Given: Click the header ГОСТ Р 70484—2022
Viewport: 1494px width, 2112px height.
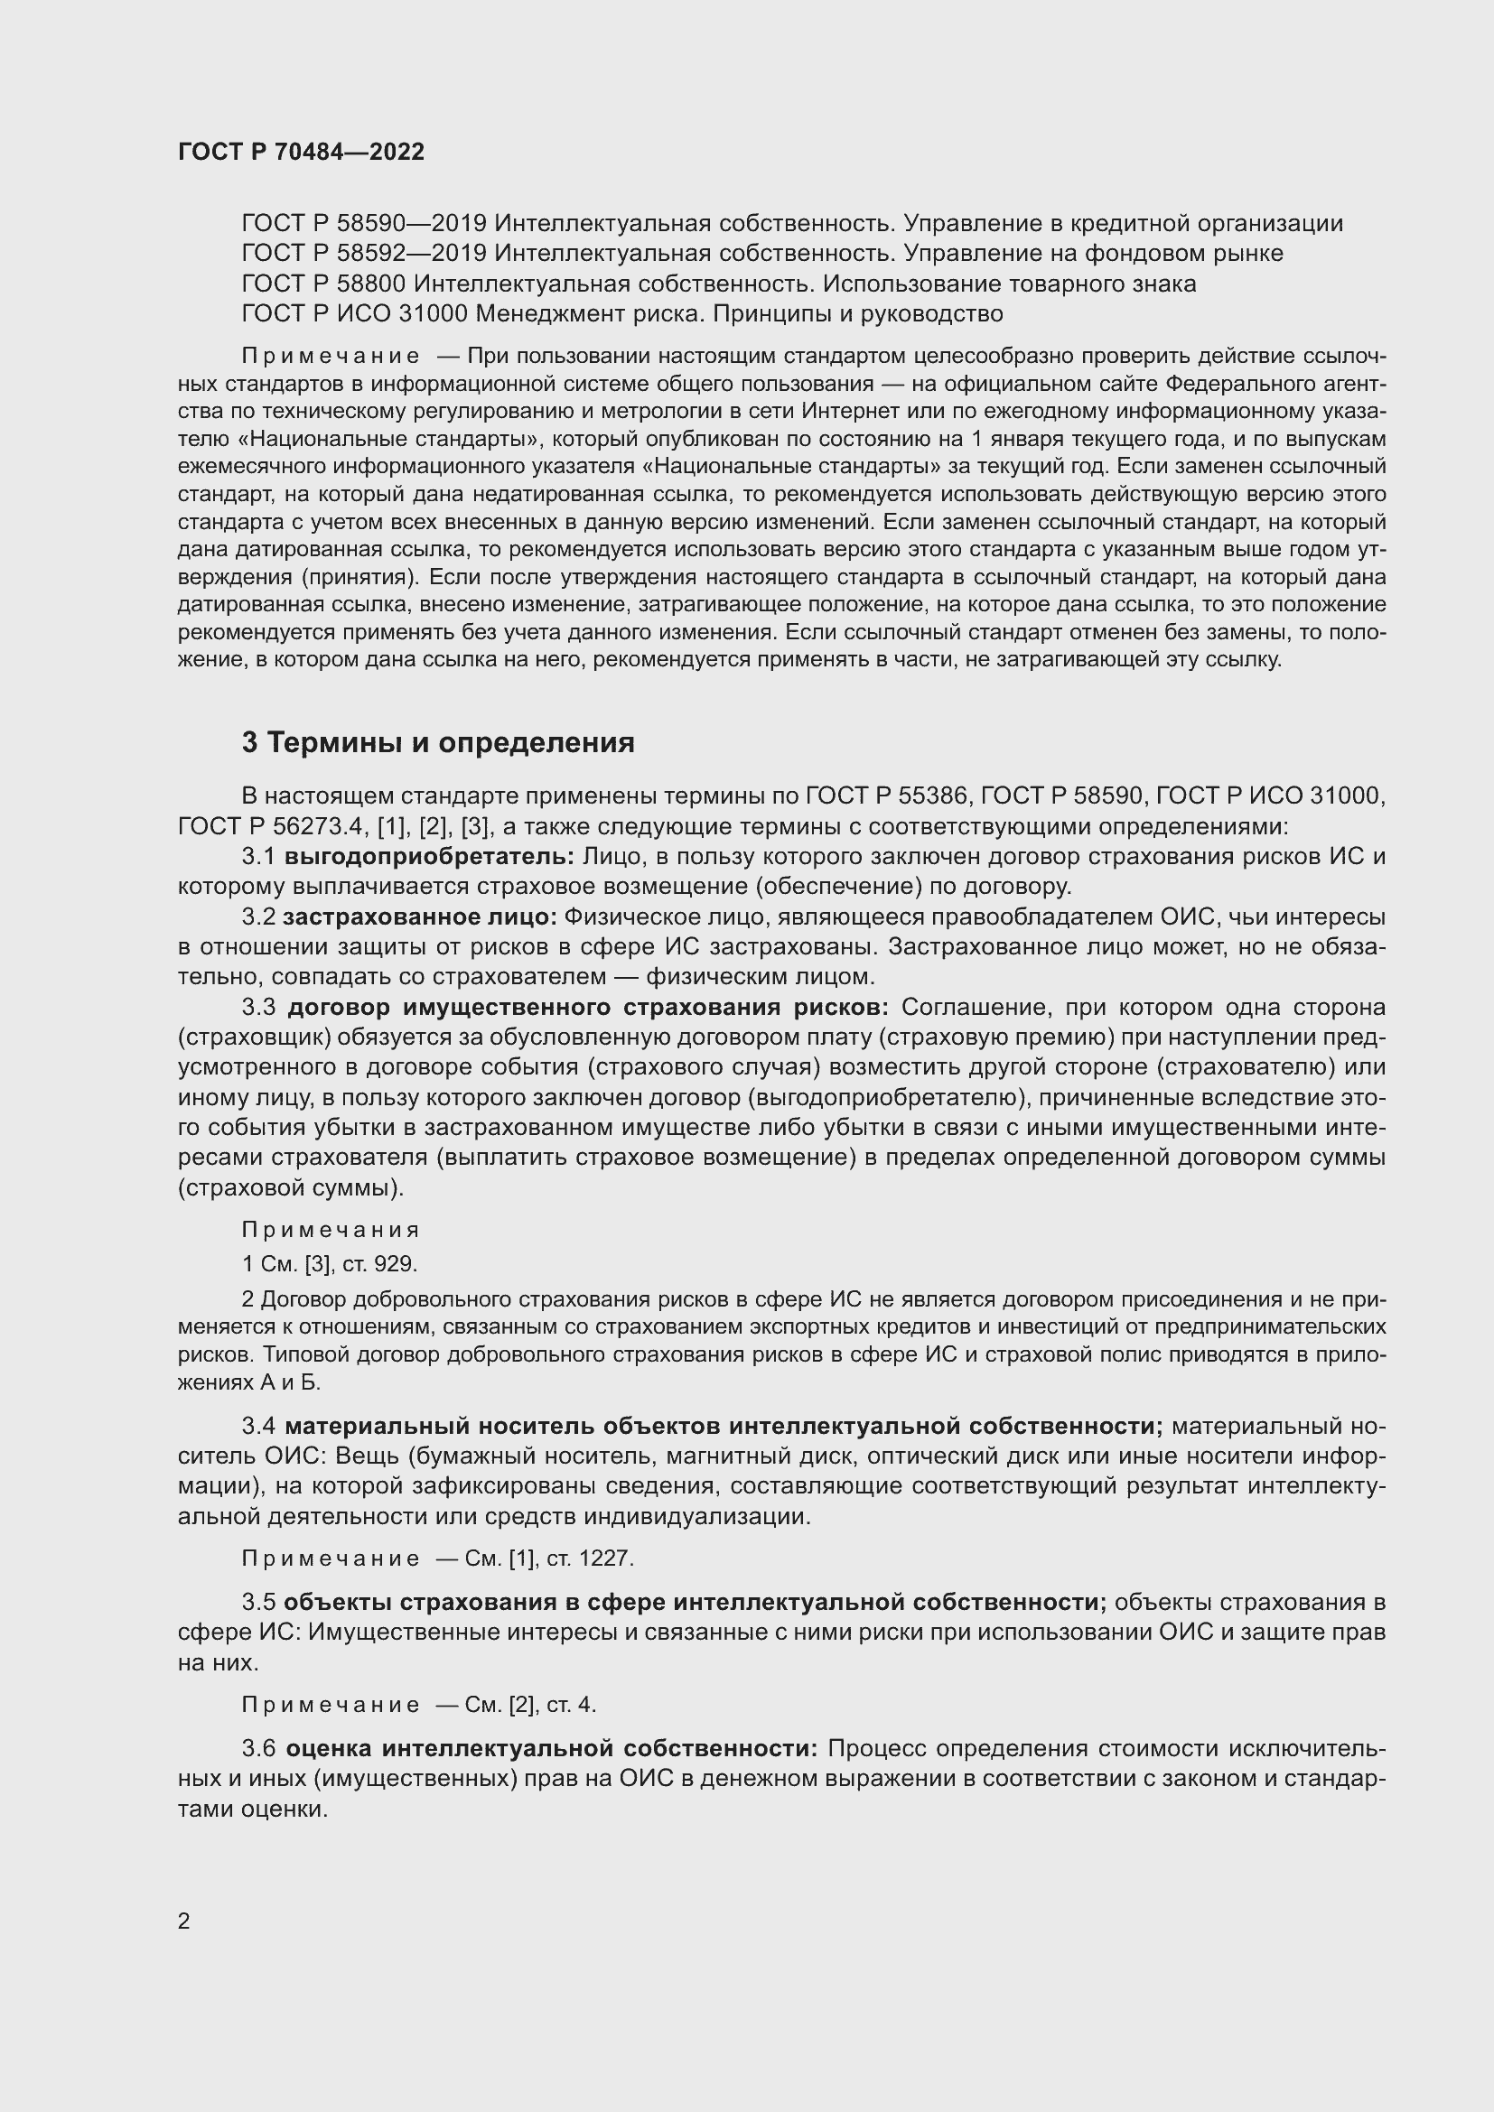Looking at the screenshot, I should [301, 152].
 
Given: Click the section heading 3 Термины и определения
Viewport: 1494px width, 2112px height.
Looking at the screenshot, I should [438, 741].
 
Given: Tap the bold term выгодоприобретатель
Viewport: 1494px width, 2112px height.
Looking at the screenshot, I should [429, 856].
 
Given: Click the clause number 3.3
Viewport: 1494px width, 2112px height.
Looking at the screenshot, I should [258, 1008].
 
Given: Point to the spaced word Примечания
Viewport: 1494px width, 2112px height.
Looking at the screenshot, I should [331, 1230].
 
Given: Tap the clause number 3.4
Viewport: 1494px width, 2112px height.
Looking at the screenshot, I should [258, 1427].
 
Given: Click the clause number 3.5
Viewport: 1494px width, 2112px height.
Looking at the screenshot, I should [258, 1603].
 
